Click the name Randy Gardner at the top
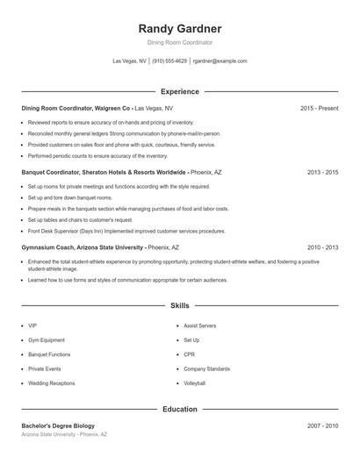(x=179, y=28)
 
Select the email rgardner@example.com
(x=220, y=61)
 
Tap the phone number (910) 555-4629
(x=169, y=61)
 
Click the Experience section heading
(x=179, y=91)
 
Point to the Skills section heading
(x=179, y=305)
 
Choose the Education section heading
(x=179, y=409)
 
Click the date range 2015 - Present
(x=319, y=108)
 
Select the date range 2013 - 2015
(x=322, y=173)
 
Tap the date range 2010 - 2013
(x=322, y=248)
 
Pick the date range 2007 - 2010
(x=322, y=426)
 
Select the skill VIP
(x=32, y=325)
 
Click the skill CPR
(x=189, y=354)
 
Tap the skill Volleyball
(x=194, y=383)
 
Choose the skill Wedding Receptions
(x=51, y=383)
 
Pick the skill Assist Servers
(x=199, y=325)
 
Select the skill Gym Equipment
(x=47, y=340)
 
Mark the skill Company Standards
(x=206, y=369)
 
